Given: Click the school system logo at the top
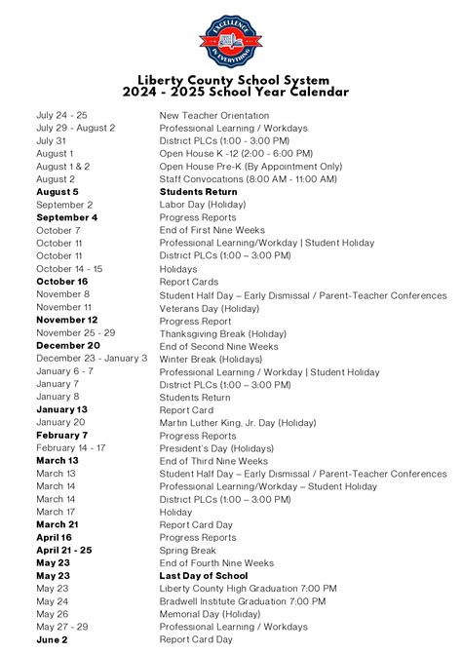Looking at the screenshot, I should pos(230,41).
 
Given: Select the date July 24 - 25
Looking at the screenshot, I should pos(61,115).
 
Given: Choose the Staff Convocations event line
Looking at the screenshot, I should pos(249,179).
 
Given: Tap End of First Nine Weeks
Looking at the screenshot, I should pos(212,230).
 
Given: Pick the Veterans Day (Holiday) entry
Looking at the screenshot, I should pos(209,307).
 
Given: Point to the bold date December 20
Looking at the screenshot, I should pos(68,345).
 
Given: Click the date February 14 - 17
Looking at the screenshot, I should pos(70,447).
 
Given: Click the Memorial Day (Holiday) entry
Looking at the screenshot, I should pos(212,614).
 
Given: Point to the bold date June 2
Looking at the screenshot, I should pos(53,639).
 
